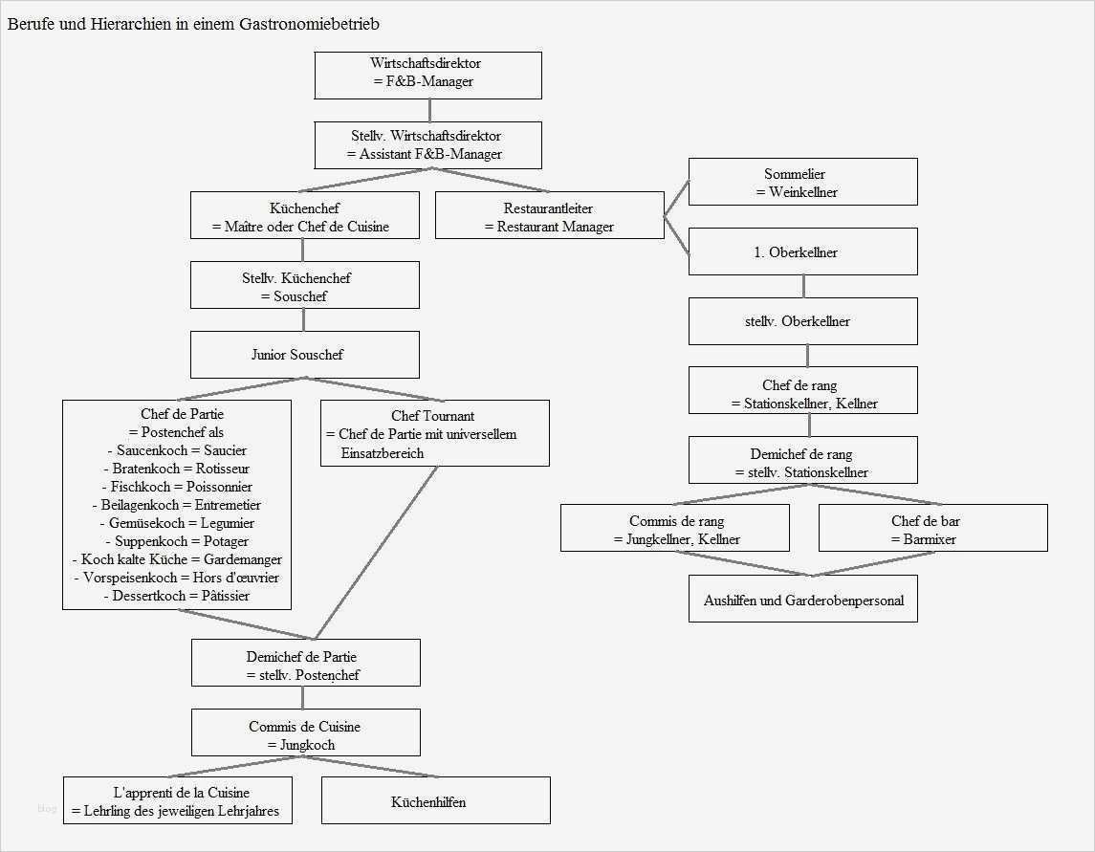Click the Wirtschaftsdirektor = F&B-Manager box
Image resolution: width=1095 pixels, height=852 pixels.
click(x=427, y=75)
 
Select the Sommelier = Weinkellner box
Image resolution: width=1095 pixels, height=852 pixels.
click(x=802, y=182)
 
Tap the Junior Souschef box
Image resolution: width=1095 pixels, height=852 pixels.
click(x=304, y=355)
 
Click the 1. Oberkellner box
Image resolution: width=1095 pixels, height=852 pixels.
click(x=802, y=251)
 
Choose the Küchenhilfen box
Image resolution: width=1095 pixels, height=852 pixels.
click(x=435, y=800)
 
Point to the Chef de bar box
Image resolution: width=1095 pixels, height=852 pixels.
click(x=932, y=529)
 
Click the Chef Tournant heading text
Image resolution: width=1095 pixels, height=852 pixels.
click(x=433, y=416)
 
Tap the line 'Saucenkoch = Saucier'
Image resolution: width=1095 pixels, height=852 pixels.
click(x=177, y=450)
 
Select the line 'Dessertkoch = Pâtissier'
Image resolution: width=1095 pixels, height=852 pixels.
click(x=177, y=596)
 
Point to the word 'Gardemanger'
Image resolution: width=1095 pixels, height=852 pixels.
click(x=244, y=559)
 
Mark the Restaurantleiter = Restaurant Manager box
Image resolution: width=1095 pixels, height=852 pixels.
click(x=549, y=216)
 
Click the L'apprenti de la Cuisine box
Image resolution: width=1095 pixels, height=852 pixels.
click(x=177, y=801)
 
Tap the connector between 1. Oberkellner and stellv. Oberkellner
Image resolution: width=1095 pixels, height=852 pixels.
click(x=803, y=286)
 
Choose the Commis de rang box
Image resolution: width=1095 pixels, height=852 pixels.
click(x=674, y=529)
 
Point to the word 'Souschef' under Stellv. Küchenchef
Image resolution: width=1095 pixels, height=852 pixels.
click(x=300, y=296)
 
